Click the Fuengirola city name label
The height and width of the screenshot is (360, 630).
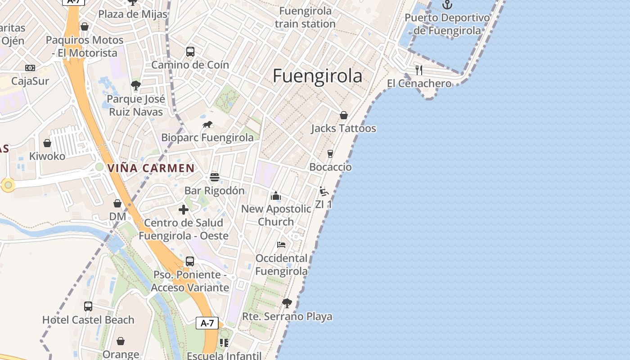[317, 76]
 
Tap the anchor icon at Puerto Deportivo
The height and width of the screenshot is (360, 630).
[447, 5]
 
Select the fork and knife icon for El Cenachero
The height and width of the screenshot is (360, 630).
[419, 70]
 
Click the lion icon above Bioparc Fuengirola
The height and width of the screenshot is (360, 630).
[207, 125]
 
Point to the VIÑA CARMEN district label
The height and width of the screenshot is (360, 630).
[151, 168]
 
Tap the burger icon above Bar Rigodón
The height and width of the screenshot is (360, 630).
[215, 177]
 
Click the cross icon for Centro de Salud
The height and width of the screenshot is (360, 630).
[184, 209]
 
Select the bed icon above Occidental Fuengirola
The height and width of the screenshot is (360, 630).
[281, 245]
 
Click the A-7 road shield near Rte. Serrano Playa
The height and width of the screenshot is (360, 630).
[207, 323]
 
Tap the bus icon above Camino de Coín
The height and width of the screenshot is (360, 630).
[190, 52]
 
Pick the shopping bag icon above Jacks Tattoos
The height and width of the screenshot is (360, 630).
[344, 115]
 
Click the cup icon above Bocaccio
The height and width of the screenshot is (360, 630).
[330, 154]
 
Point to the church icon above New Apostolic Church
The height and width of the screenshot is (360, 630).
[276, 196]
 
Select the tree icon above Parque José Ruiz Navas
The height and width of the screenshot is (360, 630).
[136, 85]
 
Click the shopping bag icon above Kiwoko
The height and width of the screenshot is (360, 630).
[47, 143]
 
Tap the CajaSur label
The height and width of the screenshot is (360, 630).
[30, 81]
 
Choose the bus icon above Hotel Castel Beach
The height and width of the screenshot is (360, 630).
[88, 306]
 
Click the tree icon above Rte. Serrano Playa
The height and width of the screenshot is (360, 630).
[287, 303]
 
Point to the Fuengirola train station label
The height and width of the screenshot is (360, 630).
[305, 17]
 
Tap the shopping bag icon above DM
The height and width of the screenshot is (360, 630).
[117, 203]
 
